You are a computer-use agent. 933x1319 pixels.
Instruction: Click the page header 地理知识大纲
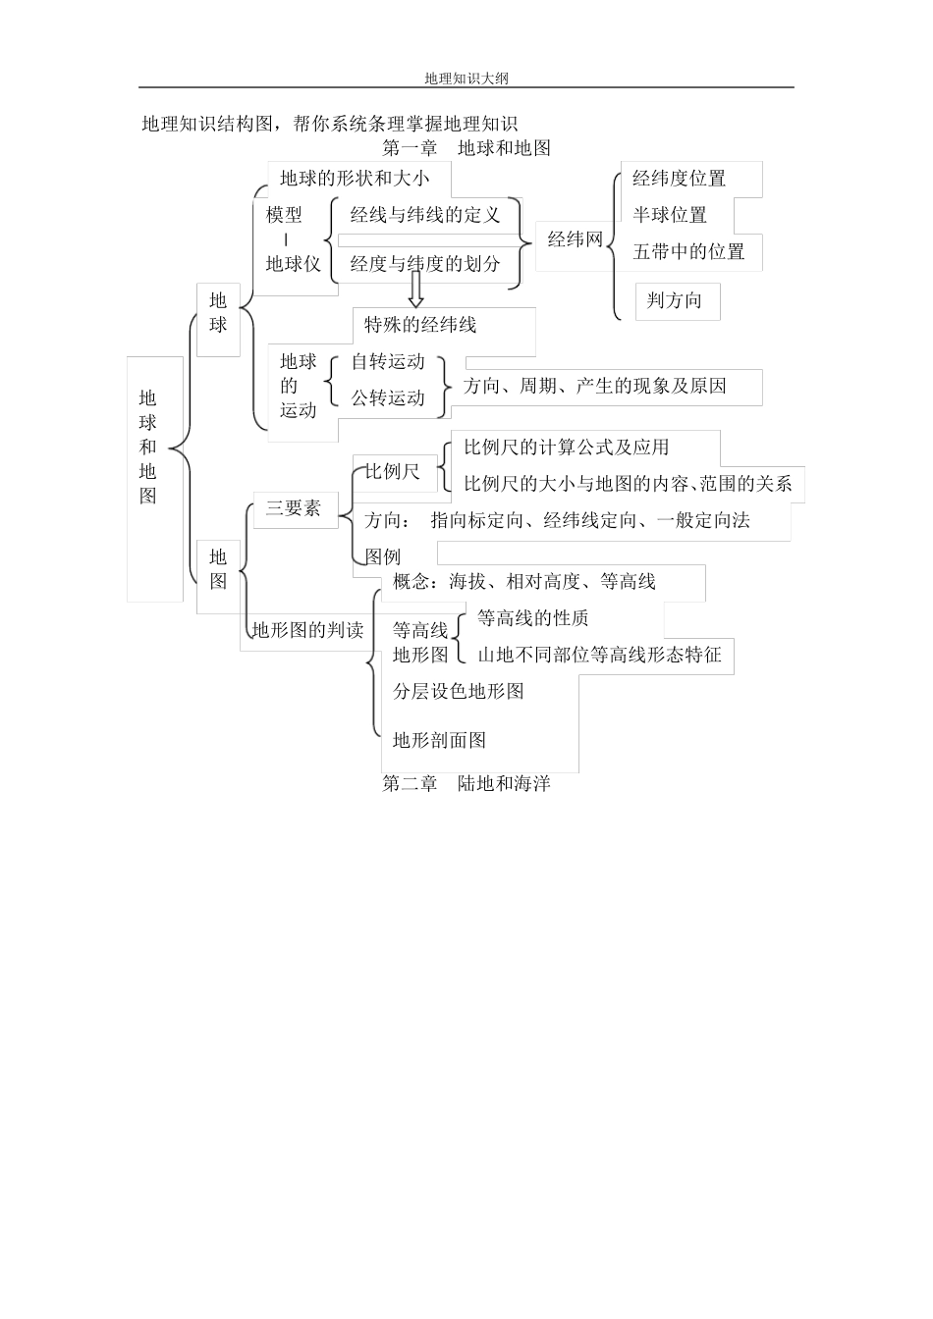click(x=466, y=78)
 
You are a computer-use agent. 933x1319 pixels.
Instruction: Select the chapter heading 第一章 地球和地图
click(x=466, y=148)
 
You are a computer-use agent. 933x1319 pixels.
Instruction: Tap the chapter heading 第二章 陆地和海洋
click(x=466, y=784)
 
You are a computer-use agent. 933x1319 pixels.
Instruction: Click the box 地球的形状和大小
click(x=355, y=179)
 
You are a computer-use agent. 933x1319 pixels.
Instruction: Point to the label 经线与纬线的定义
click(x=425, y=215)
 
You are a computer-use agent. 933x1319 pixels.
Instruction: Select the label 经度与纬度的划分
click(x=425, y=263)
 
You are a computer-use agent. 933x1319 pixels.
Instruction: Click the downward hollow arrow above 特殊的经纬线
click(x=415, y=290)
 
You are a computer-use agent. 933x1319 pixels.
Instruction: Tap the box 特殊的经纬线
click(x=420, y=325)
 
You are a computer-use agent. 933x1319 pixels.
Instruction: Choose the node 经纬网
click(x=575, y=238)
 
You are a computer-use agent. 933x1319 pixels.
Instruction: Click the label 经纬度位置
click(x=679, y=179)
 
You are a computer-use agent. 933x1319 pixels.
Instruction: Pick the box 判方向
click(x=675, y=300)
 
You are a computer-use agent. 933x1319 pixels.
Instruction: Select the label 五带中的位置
click(x=688, y=251)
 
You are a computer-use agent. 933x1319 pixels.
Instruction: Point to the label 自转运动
click(x=388, y=362)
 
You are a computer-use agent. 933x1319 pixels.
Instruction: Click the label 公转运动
click(x=388, y=398)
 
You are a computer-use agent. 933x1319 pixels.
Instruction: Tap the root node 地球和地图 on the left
click(x=148, y=448)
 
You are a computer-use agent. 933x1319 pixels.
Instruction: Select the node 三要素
click(x=294, y=508)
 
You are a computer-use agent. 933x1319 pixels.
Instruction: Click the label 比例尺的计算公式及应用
click(x=567, y=448)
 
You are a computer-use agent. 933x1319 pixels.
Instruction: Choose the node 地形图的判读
click(x=308, y=630)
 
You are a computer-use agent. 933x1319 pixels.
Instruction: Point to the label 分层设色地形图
click(x=459, y=691)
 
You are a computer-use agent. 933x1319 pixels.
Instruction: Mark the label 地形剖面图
click(x=440, y=740)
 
